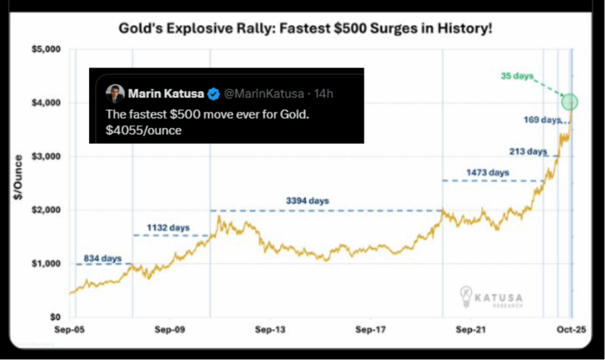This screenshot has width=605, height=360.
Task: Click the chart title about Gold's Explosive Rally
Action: point(305,28)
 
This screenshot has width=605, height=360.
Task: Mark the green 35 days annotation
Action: point(516,76)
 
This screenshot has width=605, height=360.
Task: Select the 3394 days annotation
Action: point(307,201)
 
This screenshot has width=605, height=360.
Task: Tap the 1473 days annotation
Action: point(487,173)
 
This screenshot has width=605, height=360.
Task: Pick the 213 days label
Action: point(528,151)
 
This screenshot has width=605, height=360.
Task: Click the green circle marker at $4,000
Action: point(570,102)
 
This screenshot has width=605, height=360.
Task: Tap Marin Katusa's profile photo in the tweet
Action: point(115,94)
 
